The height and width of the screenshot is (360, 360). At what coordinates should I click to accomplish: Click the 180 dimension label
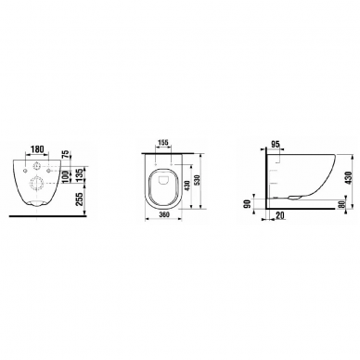pyautogui.click(x=37, y=149)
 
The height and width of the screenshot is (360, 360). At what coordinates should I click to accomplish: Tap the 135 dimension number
pyautogui.click(x=78, y=175)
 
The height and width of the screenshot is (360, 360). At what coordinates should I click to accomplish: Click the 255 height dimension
pyautogui.click(x=79, y=199)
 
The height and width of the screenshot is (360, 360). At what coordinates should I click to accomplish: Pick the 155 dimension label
pyautogui.click(x=163, y=143)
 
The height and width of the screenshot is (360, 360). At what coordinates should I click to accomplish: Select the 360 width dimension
pyautogui.click(x=162, y=215)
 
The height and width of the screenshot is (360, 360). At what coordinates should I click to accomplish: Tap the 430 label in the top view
pyautogui.click(x=186, y=186)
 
